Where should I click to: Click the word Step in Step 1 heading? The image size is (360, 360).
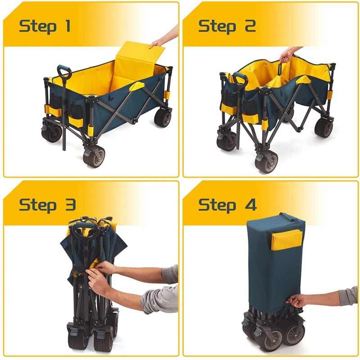tap(38, 26)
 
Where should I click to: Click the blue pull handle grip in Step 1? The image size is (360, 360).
tap(64, 71)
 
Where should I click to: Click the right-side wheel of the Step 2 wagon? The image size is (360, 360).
tap(324, 127)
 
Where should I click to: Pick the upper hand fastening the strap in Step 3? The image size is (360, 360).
tap(104, 268)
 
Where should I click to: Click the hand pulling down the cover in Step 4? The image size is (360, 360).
tap(297, 300)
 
